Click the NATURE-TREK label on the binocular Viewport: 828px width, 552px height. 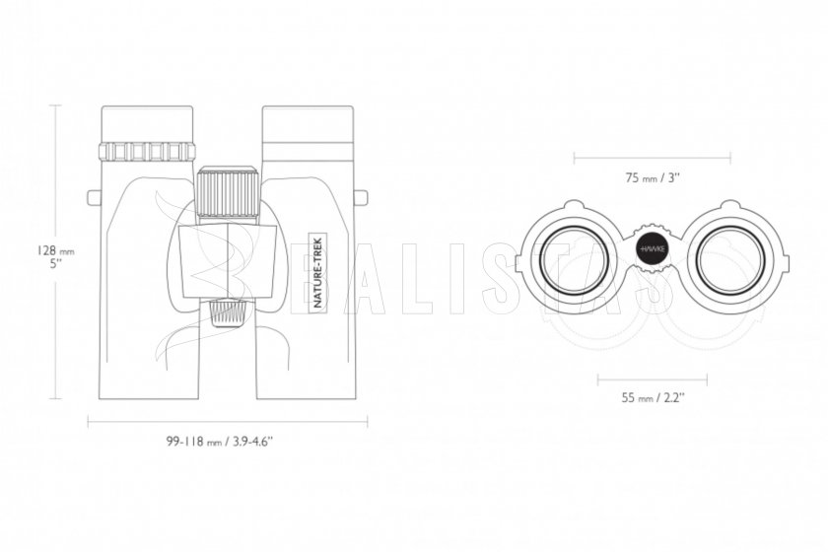point(318,272)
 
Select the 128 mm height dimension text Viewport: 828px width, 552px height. point(55,250)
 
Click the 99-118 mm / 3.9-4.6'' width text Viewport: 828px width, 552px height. point(219,442)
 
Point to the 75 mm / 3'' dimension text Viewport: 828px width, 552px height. point(653,177)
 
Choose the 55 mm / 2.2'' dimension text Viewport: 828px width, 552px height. point(653,397)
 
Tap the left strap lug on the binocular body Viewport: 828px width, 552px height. point(94,197)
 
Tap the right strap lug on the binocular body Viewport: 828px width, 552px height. point(361,197)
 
